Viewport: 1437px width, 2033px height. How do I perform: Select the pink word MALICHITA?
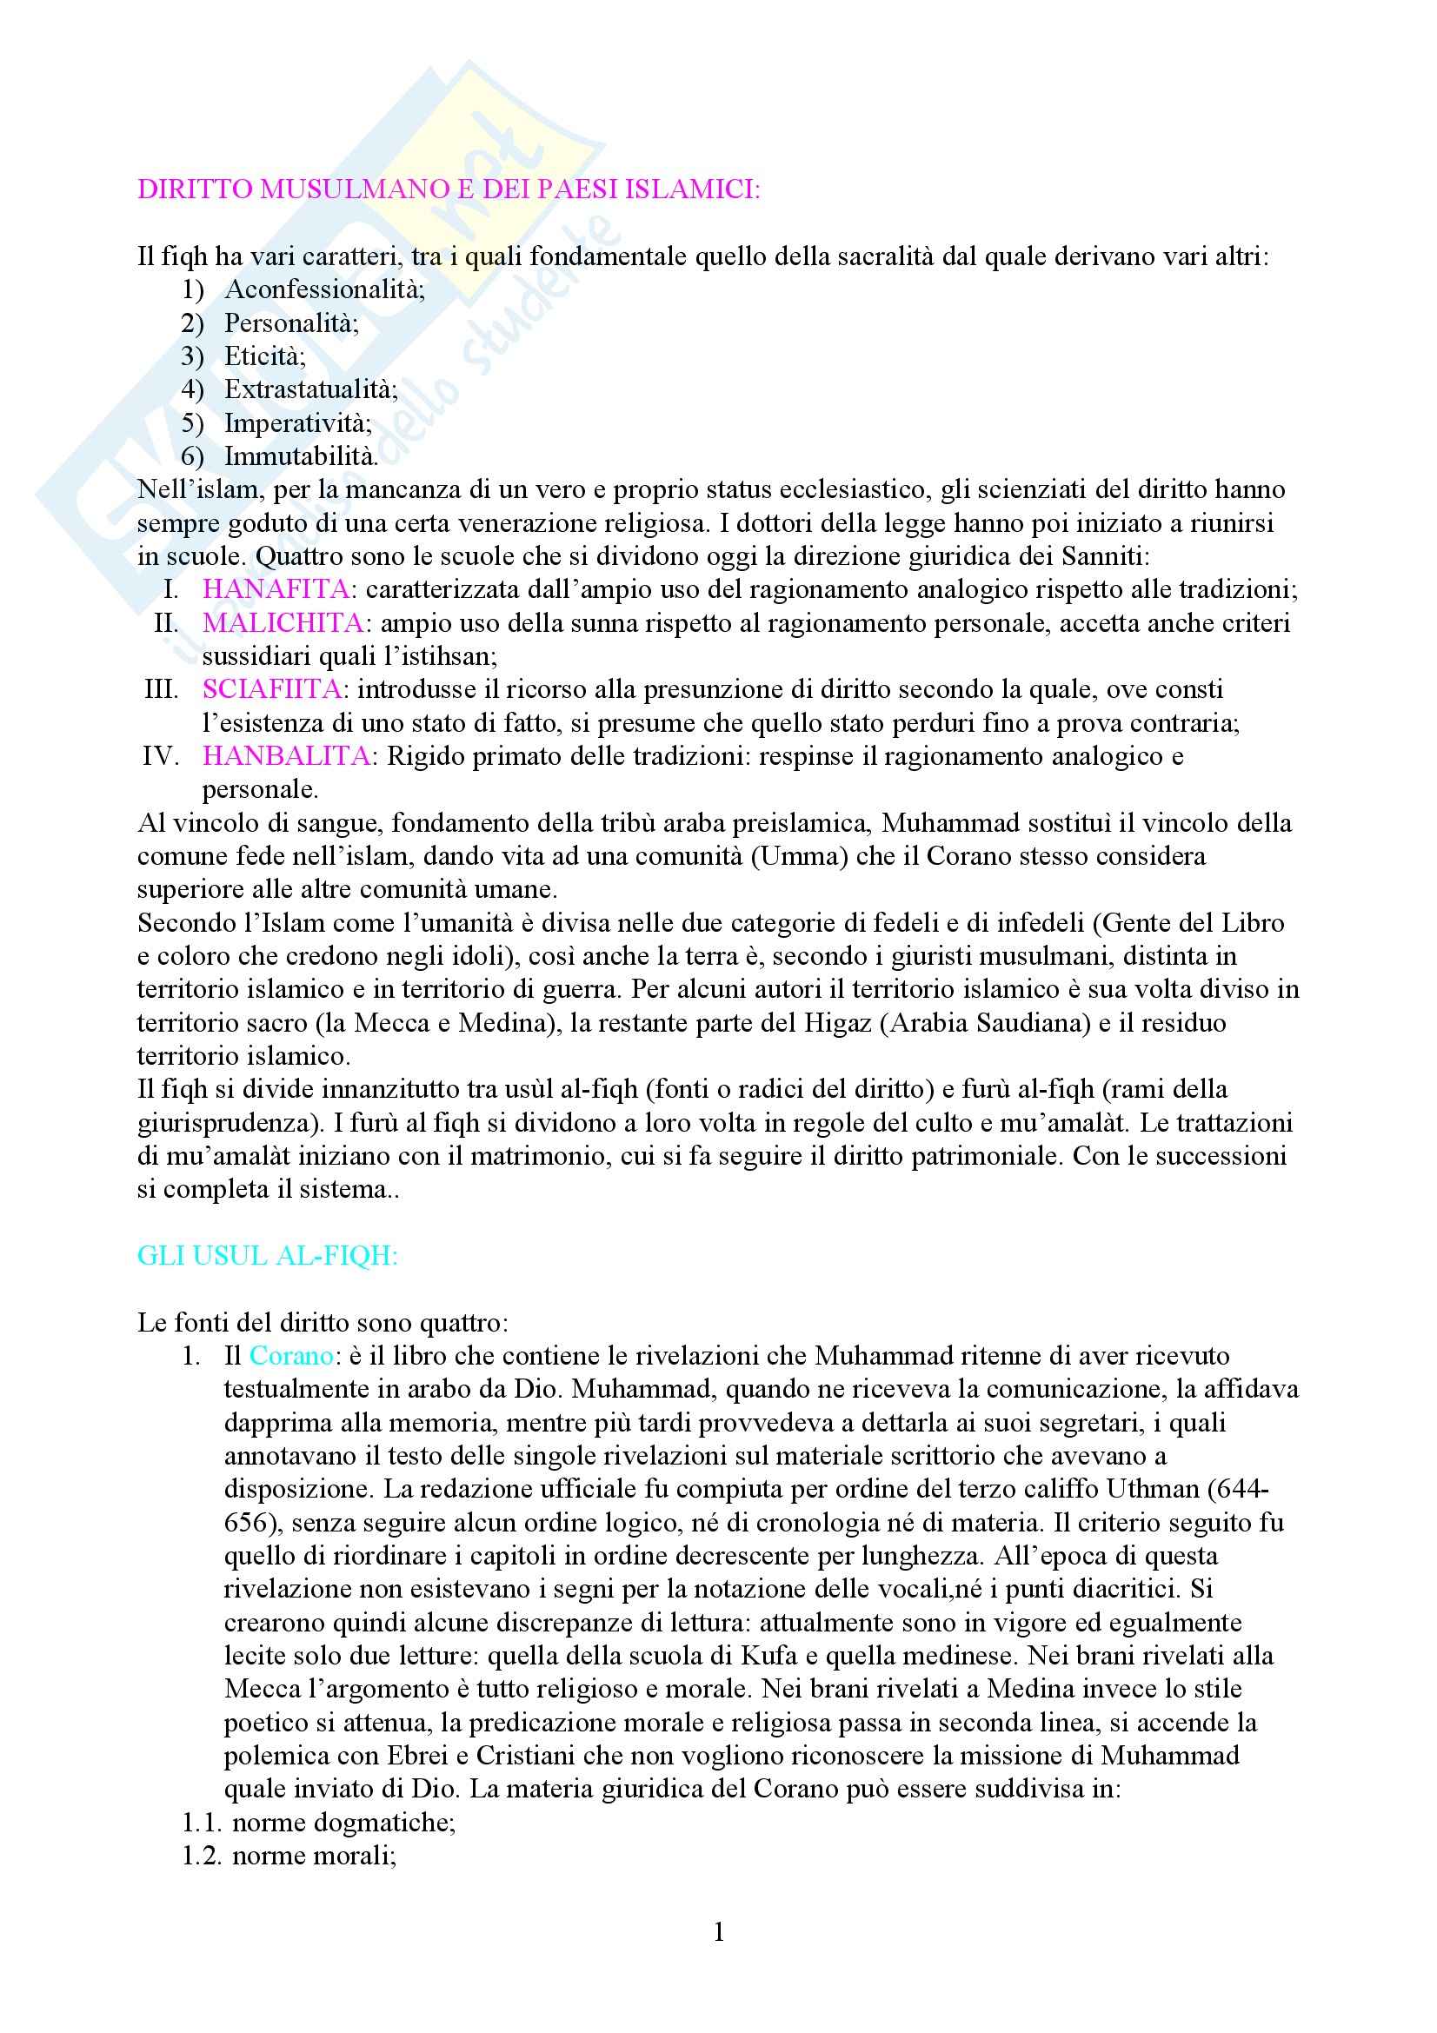[283, 622]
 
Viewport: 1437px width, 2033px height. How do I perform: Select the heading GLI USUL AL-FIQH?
[268, 1257]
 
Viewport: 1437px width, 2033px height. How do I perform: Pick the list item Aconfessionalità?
[324, 289]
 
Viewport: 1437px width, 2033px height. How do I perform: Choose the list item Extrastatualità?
[310, 389]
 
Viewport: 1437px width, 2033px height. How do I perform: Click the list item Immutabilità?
[301, 456]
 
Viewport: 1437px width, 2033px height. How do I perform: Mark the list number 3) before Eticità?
[192, 356]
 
